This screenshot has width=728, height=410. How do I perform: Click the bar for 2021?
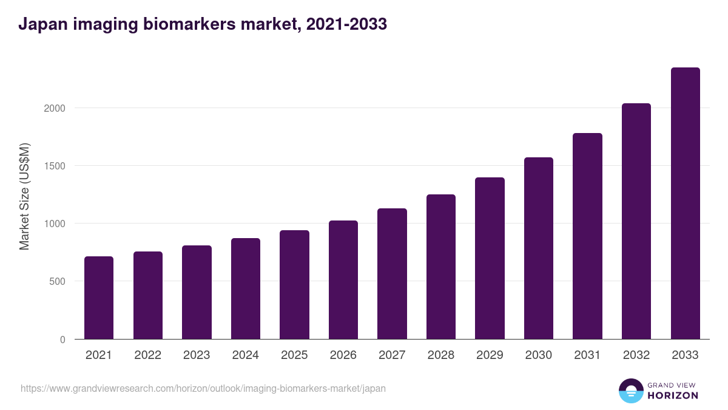tap(99, 298)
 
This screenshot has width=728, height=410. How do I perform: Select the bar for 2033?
tap(685, 203)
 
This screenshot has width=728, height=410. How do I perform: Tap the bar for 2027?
tap(392, 273)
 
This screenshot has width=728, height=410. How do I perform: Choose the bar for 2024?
tap(246, 289)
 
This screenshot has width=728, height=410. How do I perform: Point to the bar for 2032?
tap(636, 221)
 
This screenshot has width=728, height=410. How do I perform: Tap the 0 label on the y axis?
tap(62, 340)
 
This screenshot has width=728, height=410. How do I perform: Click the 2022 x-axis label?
tap(147, 355)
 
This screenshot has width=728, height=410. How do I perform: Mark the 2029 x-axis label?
tap(490, 355)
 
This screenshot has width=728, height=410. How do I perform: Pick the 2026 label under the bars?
tap(343, 355)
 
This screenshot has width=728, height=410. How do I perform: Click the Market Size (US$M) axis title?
tap(24, 196)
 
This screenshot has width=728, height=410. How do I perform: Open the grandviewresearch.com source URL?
tap(203, 388)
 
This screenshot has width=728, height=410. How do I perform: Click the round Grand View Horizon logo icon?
tap(631, 391)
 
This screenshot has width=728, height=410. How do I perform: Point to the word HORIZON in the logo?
tap(673, 395)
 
